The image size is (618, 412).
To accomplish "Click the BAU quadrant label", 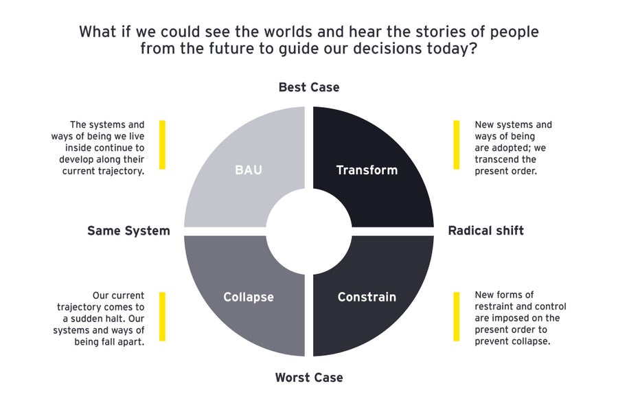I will pyautogui.click(x=249, y=170).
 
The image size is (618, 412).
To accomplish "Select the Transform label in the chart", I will pyautogui.click(x=367, y=170).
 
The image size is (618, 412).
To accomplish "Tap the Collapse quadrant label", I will pyautogui.click(x=249, y=297).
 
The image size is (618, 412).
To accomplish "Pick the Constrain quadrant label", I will pyautogui.click(x=367, y=297).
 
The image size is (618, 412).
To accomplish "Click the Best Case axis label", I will pyautogui.click(x=309, y=87).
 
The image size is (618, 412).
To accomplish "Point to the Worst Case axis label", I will pyautogui.click(x=309, y=377).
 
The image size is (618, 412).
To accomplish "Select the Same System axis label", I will pyautogui.click(x=128, y=231).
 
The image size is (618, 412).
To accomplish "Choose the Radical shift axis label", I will pyautogui.click(x=485, y=231).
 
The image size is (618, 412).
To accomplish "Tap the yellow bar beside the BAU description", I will pyautogui.click(x=163, y=145).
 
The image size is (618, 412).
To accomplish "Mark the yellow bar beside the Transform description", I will pyautogui.click(x=456, y=145).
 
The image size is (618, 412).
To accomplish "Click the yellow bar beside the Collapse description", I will pyautogui.click(x=163, y=316).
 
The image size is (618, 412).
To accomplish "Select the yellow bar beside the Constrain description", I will pyautogui.click(x=456, y=316).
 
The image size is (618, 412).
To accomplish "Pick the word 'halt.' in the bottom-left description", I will pyautogui.click(x=133, y=319).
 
